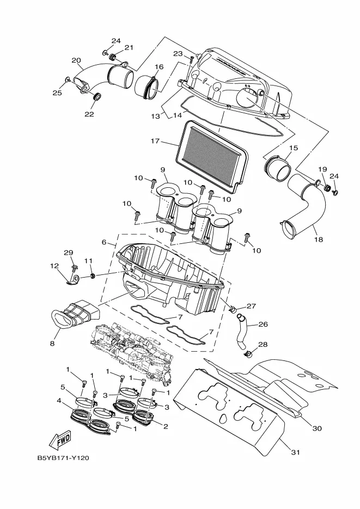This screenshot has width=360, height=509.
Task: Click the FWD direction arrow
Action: (x=60, y=439)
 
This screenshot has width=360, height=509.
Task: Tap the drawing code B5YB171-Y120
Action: (x=63, y=458)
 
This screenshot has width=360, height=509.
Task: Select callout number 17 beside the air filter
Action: (x=155, y=141)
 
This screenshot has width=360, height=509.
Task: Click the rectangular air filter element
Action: (x=213, y=152)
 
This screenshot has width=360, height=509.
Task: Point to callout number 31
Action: (x=295, y=452)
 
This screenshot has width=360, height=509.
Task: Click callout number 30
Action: (x=317, y=428)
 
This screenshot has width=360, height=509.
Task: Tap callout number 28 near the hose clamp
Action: (x=263, y=344)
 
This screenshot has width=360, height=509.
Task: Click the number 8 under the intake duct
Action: (x=52, y=344)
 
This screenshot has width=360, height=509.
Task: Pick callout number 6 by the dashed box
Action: (x=104, y=242)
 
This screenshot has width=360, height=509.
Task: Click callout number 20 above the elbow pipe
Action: (x=76, y=60)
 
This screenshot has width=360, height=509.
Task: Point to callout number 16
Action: (x=158, y=67)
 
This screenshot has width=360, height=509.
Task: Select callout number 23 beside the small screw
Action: (x=178, y=53)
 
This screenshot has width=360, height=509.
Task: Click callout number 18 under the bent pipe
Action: (x=319, y=240)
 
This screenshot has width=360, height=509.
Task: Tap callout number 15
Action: (x=294, y=148)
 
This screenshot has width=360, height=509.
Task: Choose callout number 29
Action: (x=68, y=253)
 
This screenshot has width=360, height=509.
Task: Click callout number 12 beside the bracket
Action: (x=54, y=266)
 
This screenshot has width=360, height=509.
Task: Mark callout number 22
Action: (x=89, y=114)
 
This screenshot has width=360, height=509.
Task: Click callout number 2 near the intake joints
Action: (x=166, y=426)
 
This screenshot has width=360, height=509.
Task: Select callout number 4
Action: (x=59, y=401)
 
